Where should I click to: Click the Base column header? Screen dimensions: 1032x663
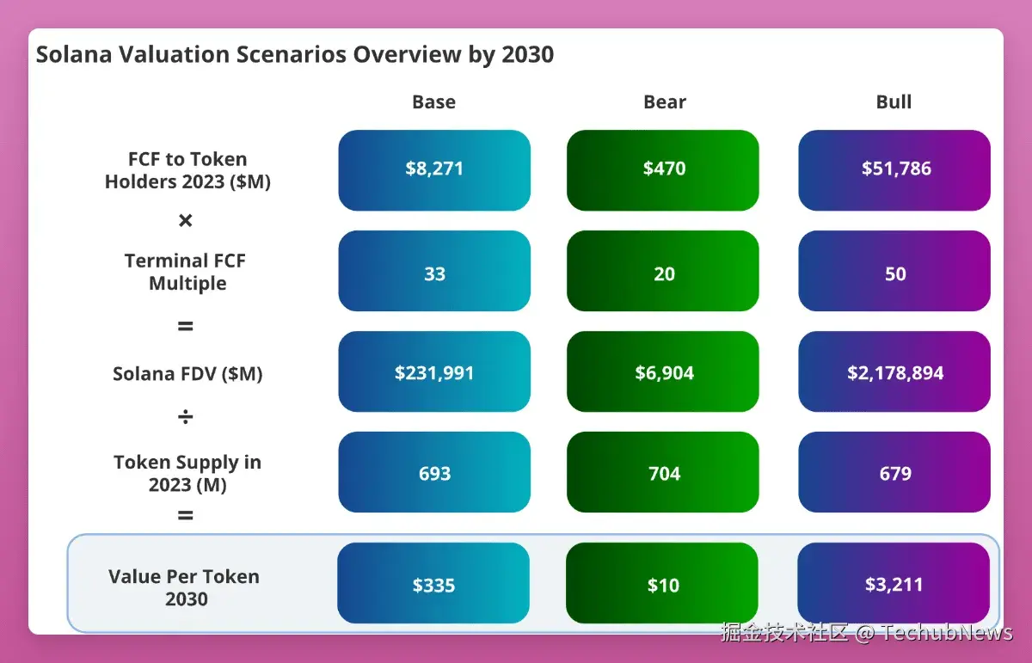433,101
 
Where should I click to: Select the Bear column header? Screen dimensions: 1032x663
664,101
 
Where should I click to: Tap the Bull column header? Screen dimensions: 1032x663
894,101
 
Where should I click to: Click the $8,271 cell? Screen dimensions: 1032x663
434,170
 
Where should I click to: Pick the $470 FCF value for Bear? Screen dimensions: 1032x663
663,170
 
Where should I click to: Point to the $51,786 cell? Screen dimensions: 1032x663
894,170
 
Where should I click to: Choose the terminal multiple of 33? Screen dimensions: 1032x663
434,271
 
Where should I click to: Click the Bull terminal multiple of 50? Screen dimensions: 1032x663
894,271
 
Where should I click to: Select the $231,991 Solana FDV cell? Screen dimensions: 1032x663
434,371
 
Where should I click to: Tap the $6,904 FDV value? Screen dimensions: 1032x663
663,371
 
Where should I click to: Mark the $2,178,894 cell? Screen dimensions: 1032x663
894,371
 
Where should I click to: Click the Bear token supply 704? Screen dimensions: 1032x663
663,472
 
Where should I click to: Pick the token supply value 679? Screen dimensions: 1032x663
894,472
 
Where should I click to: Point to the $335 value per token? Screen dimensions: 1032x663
433,583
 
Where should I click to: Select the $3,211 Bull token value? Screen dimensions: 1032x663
894,583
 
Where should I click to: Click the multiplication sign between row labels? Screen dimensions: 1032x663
185,220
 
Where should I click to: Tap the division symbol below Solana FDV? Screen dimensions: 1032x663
185,416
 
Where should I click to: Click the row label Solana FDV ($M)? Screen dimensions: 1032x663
187,374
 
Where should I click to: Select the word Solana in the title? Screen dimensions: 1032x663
74,54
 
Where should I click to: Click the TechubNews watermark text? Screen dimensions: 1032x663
947,633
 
